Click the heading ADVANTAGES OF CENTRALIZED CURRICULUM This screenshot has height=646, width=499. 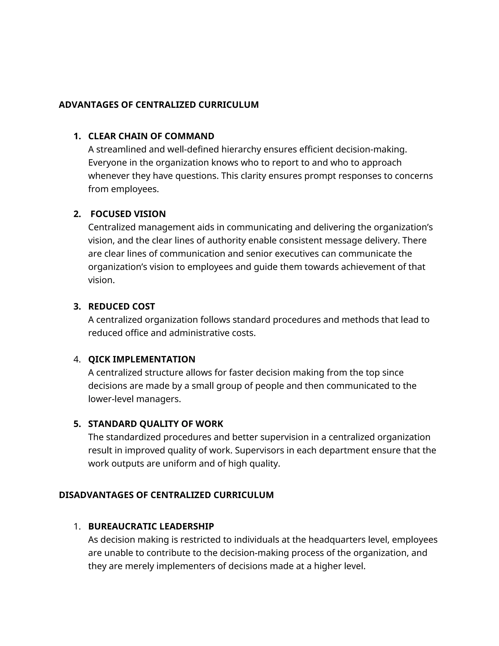(159, 105)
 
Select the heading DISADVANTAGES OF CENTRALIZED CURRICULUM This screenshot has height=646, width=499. (166, 495)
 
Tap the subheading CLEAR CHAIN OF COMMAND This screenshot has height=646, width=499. (151, 136)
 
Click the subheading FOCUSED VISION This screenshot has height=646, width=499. (128, 214)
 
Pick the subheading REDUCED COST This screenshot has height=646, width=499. (122, 306)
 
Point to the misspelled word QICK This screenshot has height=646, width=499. (99, 359)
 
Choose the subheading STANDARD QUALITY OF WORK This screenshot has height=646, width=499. (155, 424)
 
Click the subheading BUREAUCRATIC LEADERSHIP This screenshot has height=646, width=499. (151, 526)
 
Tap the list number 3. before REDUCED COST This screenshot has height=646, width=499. (77, 306)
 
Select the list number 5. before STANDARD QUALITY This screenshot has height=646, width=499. (77, 424)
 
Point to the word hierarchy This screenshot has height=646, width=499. (241, 150)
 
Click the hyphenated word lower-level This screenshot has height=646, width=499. (113, 399)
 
